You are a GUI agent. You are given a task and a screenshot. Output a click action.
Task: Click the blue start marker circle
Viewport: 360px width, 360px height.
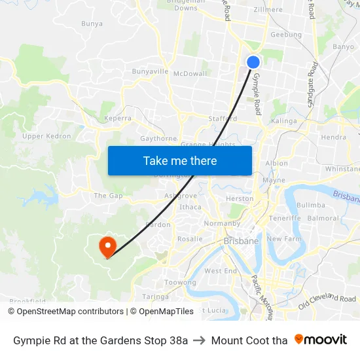(253, 62)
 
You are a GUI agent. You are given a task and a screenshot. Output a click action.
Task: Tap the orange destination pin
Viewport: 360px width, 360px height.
(107, 246)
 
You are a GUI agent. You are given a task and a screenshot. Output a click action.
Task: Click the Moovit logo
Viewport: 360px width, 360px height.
(321, 340)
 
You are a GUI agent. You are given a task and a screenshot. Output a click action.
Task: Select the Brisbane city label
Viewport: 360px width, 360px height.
(241, 241)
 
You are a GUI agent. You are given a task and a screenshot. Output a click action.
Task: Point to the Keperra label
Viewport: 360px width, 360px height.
(118, 118)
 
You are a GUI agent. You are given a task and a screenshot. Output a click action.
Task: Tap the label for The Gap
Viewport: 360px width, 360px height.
(108, 196)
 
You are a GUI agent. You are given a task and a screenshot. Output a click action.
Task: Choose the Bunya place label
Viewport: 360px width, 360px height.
(92, 24)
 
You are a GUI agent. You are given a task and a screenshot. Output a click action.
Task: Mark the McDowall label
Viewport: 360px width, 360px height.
(190, 73)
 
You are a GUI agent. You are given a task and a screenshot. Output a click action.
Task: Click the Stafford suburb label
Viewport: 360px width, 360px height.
(223, 119)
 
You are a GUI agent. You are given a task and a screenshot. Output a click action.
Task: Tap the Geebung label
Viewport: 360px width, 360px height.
(286, 35)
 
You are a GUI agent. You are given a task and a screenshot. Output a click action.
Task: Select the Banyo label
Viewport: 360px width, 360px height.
(343, 47)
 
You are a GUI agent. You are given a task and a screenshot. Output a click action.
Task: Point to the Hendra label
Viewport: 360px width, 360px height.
(334, 137)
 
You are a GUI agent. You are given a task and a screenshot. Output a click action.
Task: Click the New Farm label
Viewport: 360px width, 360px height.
(284, 239)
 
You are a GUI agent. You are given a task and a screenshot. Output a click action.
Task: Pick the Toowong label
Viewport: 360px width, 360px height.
(180, 282)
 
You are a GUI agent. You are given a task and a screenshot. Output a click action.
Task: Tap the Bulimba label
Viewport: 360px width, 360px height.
(310, 205)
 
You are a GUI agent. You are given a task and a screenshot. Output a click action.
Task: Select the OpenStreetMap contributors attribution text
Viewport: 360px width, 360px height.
(65, 312)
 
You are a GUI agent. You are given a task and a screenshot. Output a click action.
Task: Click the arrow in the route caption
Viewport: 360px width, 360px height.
(200, 340)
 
